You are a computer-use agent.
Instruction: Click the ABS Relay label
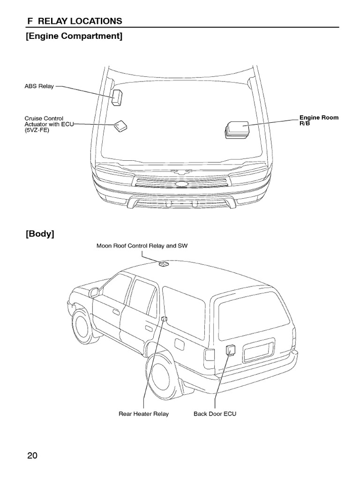pos(39,87)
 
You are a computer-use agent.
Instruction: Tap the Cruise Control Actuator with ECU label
pos(44,124)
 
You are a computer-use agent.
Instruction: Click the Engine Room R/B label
pos(319,120)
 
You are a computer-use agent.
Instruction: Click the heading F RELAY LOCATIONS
pos(74,21)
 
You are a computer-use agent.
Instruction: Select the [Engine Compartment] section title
pos(74,36)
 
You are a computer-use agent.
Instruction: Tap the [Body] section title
pos(40,234)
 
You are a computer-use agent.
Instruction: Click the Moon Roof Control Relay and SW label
pos(142,246)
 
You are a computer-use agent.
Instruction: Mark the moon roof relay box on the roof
pos(164,264)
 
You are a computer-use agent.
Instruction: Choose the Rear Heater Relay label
pos(143,414)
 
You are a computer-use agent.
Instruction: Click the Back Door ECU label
pos(215,414)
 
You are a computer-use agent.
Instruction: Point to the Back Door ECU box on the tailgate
pos(230,350)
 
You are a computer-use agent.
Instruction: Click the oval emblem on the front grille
pos(180,184)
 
